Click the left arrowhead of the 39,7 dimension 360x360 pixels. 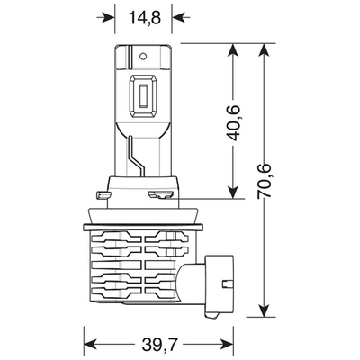[90, 342]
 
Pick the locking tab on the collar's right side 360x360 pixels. [162, 193]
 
